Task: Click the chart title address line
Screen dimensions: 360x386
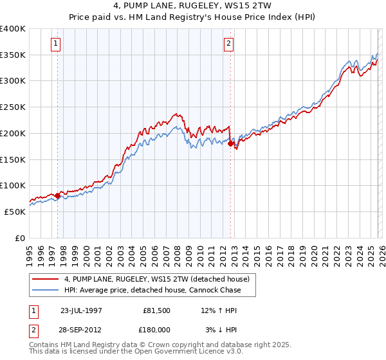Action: (x=192, y=6)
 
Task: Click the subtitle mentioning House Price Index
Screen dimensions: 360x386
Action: (x=192, y=17)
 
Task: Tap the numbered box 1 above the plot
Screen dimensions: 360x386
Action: (x=56, y=44)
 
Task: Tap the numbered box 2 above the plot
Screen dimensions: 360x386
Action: (x=228, y=44)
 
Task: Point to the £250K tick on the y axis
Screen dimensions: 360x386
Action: (x=13, y=107)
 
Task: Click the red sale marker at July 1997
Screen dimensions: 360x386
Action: (x=58, y=195)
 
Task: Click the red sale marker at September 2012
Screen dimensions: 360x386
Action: (x=231, y=143)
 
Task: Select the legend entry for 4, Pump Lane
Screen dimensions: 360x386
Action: (x=160, y=279)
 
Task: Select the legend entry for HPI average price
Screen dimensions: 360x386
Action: (x=152, y=290)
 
